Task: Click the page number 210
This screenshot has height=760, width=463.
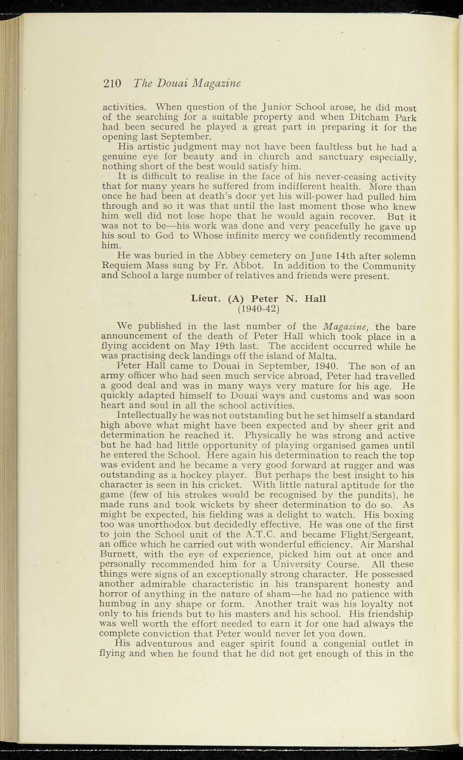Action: (112, 83)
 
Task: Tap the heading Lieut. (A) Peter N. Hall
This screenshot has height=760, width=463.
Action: (258, 298)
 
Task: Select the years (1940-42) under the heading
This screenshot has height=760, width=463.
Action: (258, 308)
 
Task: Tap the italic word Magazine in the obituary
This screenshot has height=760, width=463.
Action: (345, 327)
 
